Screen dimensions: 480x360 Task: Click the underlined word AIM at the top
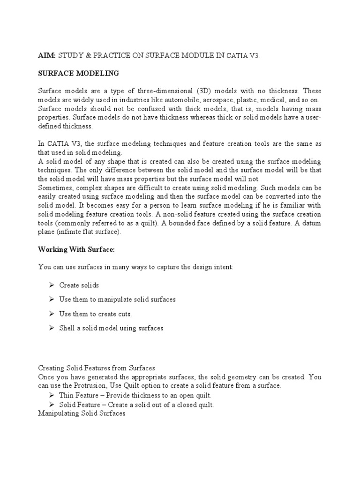click(x=46, y=55)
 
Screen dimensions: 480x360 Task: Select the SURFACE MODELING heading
click(x=78, y=73)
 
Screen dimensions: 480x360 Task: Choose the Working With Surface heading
click(x=76, y=250)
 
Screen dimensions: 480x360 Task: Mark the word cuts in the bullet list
click(x=122, y=314)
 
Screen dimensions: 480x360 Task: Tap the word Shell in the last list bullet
click(x=67, y=328)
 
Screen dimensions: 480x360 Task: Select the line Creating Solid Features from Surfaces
click(x=97, y=368)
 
